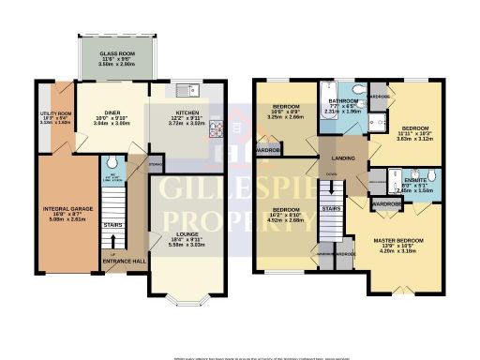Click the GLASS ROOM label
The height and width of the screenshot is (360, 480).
coord(117,55)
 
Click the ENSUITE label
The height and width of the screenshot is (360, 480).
coord(408,180)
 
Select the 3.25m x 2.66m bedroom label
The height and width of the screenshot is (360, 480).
coord(285,110)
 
